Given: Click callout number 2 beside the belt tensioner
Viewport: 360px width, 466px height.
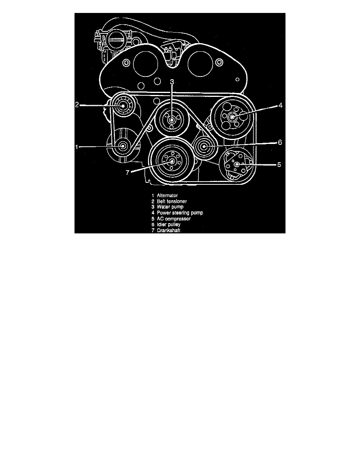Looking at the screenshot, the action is point(76,105).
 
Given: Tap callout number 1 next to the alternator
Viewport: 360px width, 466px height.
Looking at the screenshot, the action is point(76,147).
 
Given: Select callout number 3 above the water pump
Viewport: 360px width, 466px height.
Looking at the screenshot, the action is point(172,82).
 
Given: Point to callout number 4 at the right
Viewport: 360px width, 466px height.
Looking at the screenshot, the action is point(280,105).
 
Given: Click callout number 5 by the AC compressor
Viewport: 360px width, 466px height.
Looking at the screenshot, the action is point(279,164).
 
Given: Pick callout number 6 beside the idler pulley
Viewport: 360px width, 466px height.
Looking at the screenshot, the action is point(280,142).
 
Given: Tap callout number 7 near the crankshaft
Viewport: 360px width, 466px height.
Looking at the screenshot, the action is point(127,172).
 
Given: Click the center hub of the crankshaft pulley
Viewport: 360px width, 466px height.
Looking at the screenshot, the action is point(171,161).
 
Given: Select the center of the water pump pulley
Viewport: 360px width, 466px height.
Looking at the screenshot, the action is point(172,120).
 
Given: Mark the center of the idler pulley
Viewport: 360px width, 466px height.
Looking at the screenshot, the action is point(204,146).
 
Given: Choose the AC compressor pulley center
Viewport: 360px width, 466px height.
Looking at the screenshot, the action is point(237,164).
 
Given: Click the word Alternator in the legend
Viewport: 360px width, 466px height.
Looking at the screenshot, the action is point(167,196).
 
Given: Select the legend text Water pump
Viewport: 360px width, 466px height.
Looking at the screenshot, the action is point(170,207).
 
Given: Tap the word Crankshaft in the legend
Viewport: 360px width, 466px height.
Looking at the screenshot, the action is point(169,230).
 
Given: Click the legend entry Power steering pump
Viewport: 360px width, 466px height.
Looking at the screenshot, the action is point(180,213).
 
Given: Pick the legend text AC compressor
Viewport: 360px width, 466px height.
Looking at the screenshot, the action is point(174,219).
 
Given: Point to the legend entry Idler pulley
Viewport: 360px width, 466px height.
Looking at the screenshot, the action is point(169,224).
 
